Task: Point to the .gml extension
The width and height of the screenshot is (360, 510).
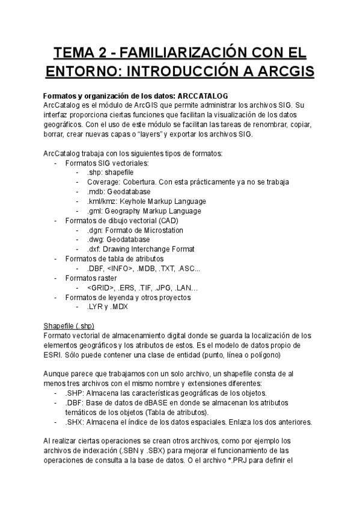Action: click(x=96, y=210)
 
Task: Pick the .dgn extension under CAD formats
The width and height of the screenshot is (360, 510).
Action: click(x=96, y=230)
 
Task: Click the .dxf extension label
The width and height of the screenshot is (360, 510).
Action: click(x=95, y=249)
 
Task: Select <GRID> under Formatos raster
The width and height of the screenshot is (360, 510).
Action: click(x=100, y=287)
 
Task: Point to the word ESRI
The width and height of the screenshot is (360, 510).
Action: click(x=55, y=355)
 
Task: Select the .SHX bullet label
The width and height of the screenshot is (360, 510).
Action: click(x=75, y=422)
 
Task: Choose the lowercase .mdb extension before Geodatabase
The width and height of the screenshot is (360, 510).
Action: click(x=96, y=191)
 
